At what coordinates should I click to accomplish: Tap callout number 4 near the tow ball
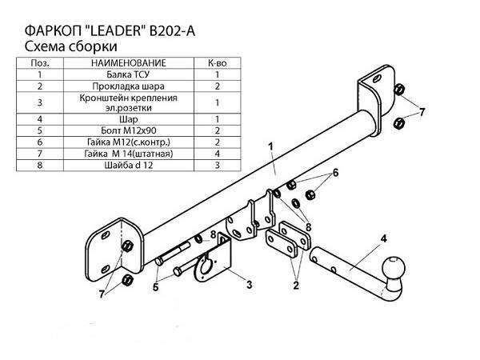(x=383, y=238)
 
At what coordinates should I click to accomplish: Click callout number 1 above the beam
(x=270, y=146)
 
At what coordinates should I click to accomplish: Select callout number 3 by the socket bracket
(x=250, y=284)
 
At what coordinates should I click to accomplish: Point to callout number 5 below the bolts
(x=155, y=287)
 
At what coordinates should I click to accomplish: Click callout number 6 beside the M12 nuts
(x=336, y=173)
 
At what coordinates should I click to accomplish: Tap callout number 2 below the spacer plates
(x=296, y=286)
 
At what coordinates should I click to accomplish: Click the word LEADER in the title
(x=115, y=31)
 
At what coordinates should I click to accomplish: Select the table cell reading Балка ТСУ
(x=128, y=74)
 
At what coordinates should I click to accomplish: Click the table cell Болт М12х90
(x=129, y=130)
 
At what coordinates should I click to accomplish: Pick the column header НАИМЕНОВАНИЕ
(x=129, y=63)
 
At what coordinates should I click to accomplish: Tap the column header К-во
(x=218, y=63)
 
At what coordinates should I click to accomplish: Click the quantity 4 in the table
(x=218, y=154)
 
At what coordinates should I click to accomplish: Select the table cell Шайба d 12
(x=129, y=166)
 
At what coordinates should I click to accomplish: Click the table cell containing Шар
(x=129, y=119)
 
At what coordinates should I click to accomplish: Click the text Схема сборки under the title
(x=70, y=47)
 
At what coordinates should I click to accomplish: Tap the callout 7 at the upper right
(x=422, y=112)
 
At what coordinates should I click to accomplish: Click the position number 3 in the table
(x=40, y=102)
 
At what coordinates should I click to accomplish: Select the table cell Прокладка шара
(x=128, y=86)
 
